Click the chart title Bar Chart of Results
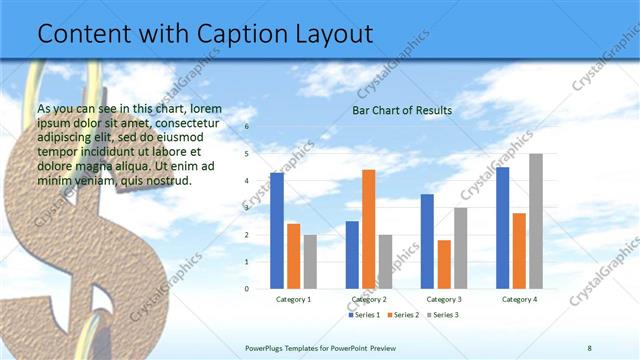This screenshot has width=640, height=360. pos(402,110)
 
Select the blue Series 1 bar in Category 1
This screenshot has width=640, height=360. pos(277,230)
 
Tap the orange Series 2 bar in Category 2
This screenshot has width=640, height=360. pos(369,229)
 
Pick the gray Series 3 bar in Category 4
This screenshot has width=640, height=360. pos(536,220)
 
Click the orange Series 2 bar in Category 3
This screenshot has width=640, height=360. pos(444,264)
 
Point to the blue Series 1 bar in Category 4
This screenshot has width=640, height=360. pos(502,227)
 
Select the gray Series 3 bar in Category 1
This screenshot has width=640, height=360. pos(311,261)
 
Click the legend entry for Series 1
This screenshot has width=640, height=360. pos(365,315)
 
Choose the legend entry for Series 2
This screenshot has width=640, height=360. pos(402,315)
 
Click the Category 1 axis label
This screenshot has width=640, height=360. pos(293,299)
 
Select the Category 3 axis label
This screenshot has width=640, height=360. pos(444,299)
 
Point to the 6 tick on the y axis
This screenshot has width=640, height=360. pos(246,127)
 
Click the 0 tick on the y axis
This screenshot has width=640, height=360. pos(246,288)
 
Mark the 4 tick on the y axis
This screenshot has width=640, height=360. pos(246,181)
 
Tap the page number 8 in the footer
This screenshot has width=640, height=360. pos(590,348)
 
